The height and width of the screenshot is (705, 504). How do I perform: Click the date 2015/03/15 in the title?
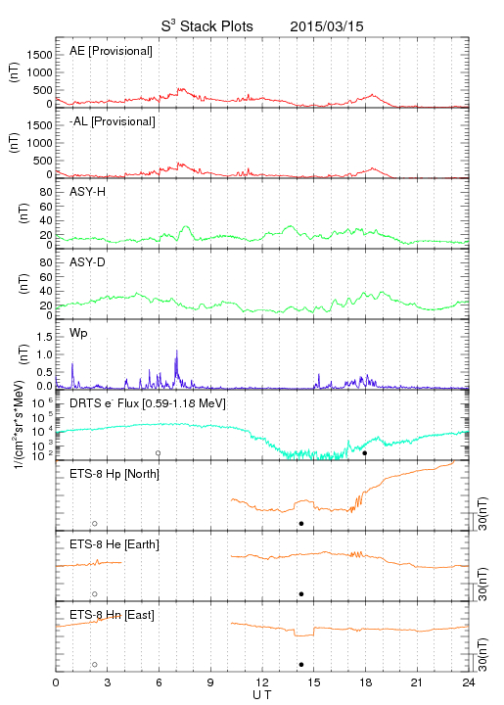(x=327, y=26)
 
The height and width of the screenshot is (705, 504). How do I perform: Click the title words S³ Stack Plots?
(x=207, y=26)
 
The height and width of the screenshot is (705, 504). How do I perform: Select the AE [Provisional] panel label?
(x=111, y=51)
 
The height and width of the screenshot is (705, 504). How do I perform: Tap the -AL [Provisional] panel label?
(x=113, y=121)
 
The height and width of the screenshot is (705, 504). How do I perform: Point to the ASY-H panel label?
(x=88, y=192)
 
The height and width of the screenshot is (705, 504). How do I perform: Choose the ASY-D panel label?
(x=88, y=262)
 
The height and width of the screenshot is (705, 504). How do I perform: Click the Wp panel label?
(x=78, y=333)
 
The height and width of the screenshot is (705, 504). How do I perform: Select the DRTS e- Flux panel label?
(x=148, y=403)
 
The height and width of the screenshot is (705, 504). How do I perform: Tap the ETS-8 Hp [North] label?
(x=115, y=474)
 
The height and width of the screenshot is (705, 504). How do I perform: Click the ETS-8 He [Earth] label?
(x=115, y=544)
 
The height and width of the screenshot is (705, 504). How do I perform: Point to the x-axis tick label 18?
(x=366, y=682)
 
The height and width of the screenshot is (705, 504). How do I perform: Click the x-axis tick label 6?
(x=159, y=682)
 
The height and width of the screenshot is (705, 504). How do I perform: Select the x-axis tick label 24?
(x=469, y=682)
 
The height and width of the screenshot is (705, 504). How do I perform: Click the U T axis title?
(x=262, y=695)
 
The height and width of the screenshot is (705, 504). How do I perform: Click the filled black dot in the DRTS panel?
(x=365, y=453)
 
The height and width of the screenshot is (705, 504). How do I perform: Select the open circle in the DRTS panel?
(x=159, y=453)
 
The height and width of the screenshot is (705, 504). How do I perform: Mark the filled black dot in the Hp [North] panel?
(x=301, y=523)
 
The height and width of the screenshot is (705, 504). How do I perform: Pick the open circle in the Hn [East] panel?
(x=95, y=665)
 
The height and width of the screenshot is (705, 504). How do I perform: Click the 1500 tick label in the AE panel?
(x=39, y=55)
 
